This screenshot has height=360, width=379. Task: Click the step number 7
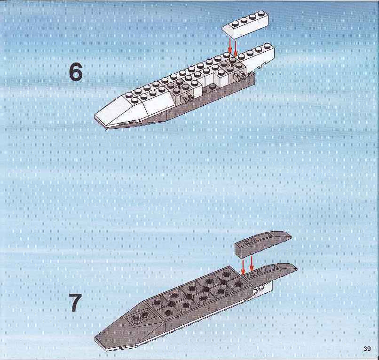point(76,302)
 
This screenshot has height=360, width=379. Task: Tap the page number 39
point(367,349)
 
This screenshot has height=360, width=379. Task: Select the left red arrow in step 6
point(230,46)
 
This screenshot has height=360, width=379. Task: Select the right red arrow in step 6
point(236,47)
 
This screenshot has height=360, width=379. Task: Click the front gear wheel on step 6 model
point(186,98)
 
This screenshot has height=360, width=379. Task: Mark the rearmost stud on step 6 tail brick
point(267,46)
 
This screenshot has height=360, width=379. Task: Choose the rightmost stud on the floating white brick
point(261,13)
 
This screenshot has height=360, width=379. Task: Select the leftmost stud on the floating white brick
point(235,23)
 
